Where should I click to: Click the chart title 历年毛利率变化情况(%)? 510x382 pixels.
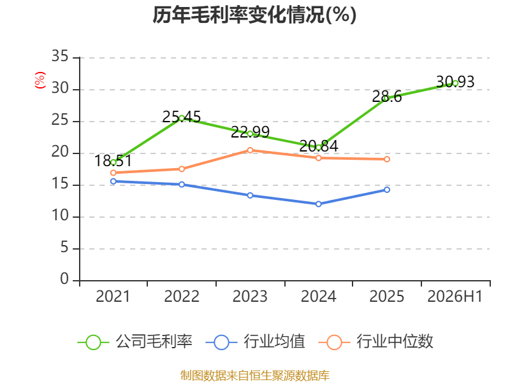point(254,15)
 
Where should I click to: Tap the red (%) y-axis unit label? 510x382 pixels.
point(40,80)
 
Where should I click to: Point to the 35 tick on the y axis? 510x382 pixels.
point(60,57)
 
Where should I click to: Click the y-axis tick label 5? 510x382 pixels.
point(64,248)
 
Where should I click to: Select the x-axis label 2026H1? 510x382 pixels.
point(455,296)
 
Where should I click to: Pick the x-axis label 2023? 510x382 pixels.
point(250,296)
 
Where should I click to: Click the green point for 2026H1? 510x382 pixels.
point(455,83)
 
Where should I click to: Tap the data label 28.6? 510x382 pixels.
point(387,96)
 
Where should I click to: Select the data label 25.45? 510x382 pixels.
point(182,117)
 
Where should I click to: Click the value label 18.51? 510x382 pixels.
point(113,161)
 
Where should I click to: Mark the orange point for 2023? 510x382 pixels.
point(250,150)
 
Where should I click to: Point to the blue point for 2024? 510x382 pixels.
point(318,204)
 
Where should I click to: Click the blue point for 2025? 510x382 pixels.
point(387,190)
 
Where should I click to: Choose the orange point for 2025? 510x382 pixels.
point(387,159)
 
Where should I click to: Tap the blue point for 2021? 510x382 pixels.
point(113,181)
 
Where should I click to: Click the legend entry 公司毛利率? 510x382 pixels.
point(135,342)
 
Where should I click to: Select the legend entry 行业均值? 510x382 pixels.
point(256,342)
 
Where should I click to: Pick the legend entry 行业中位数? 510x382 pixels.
point(375,342)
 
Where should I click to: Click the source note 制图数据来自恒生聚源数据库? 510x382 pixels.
point(254,375)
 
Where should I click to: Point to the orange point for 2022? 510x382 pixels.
point(182,169)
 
